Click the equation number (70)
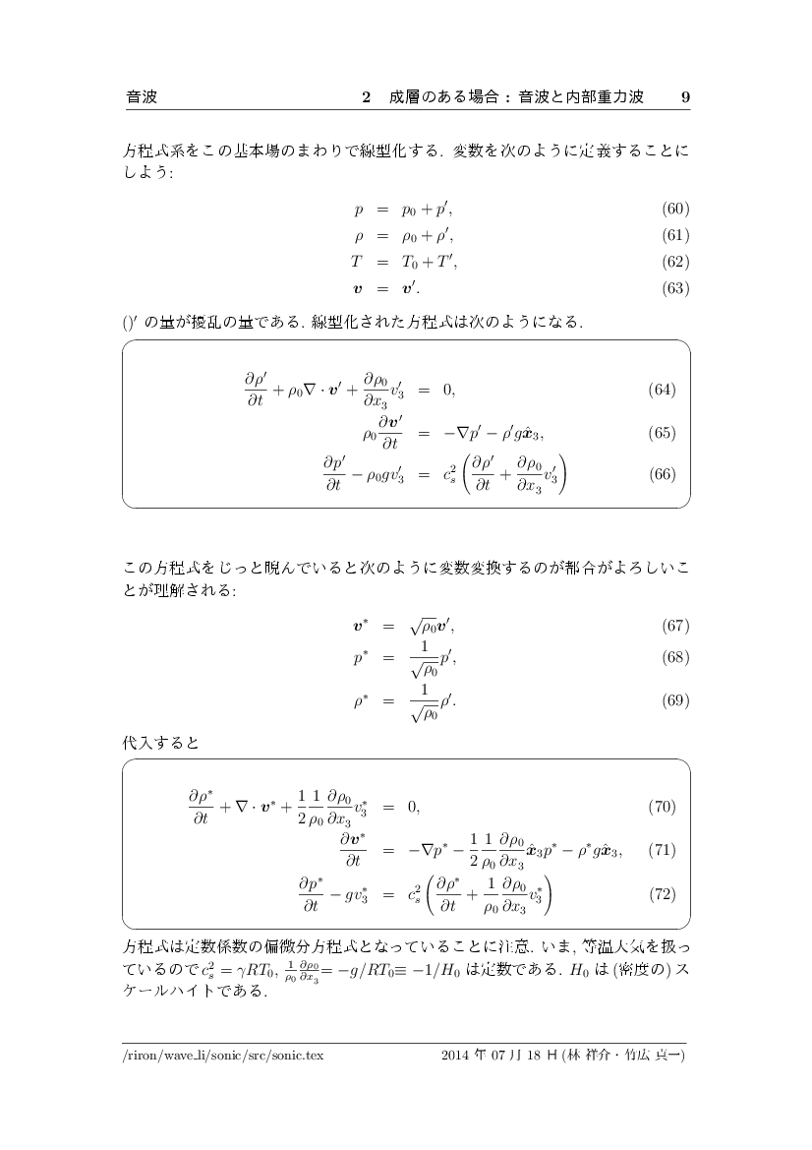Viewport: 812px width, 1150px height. pyautogui.click(x=662, y=808)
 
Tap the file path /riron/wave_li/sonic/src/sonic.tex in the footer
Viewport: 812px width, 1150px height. pyautogui.click(x=223, y=1056)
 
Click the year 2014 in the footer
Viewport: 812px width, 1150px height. pyautogui.click(x=458, y=1056)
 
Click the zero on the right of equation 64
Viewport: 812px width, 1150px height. pyautogui.click(x=448, y=390)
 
